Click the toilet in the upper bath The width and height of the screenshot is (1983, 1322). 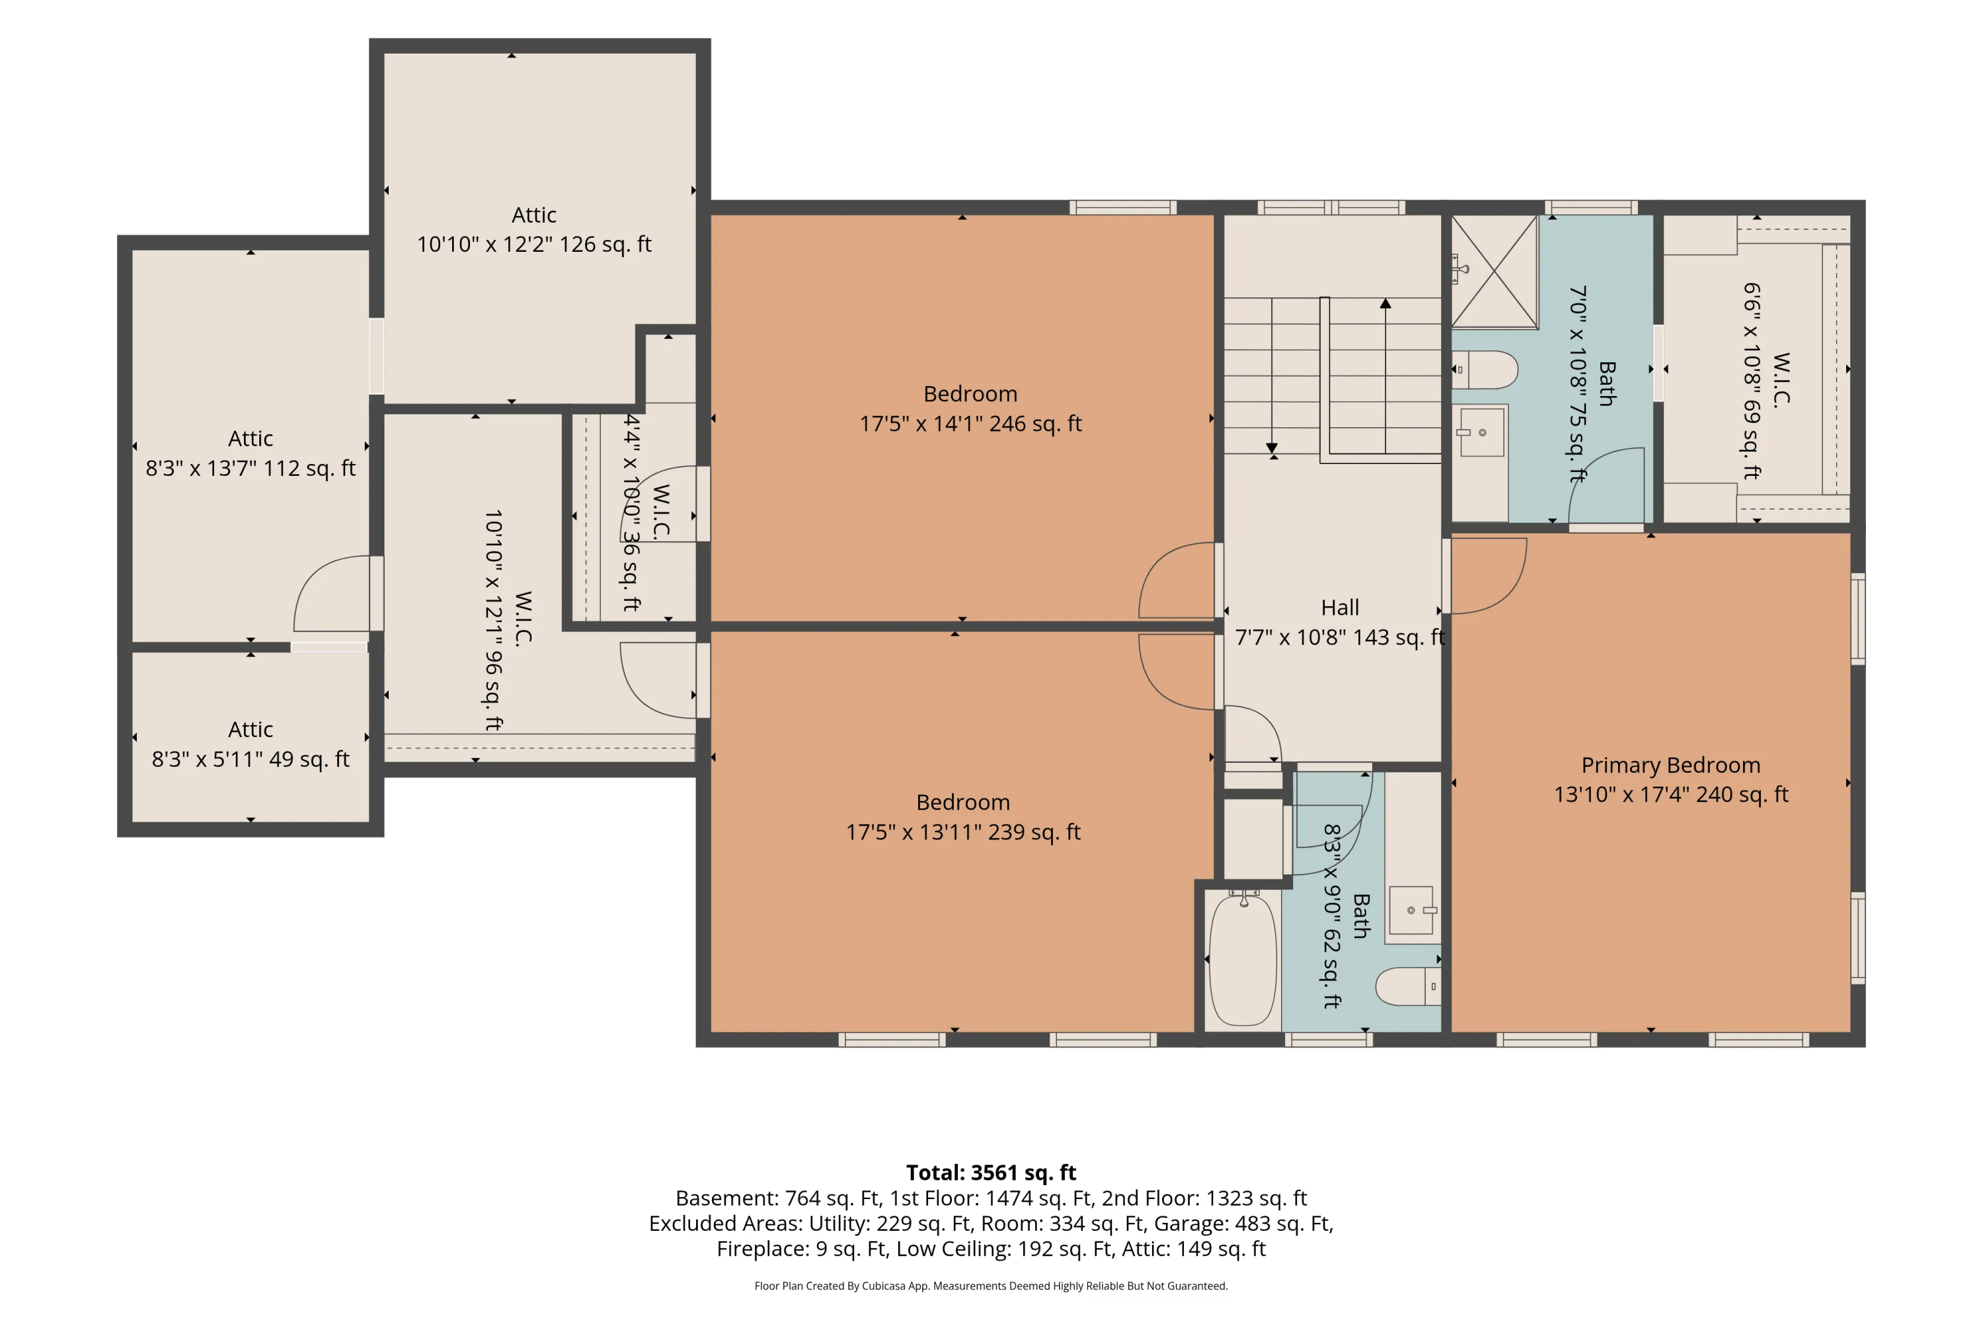(1485, 369)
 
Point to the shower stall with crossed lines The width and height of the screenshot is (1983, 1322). (1494, 272)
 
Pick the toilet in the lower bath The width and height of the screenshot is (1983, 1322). (1408, 986)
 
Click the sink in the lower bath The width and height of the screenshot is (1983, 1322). (1412, 911)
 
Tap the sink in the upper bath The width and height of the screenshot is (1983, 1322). (1481, 432)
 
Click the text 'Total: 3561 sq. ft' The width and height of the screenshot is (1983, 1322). (991, 1172)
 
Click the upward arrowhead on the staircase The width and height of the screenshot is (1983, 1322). (1385, 303)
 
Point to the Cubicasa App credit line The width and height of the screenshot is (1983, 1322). (991, 1286)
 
